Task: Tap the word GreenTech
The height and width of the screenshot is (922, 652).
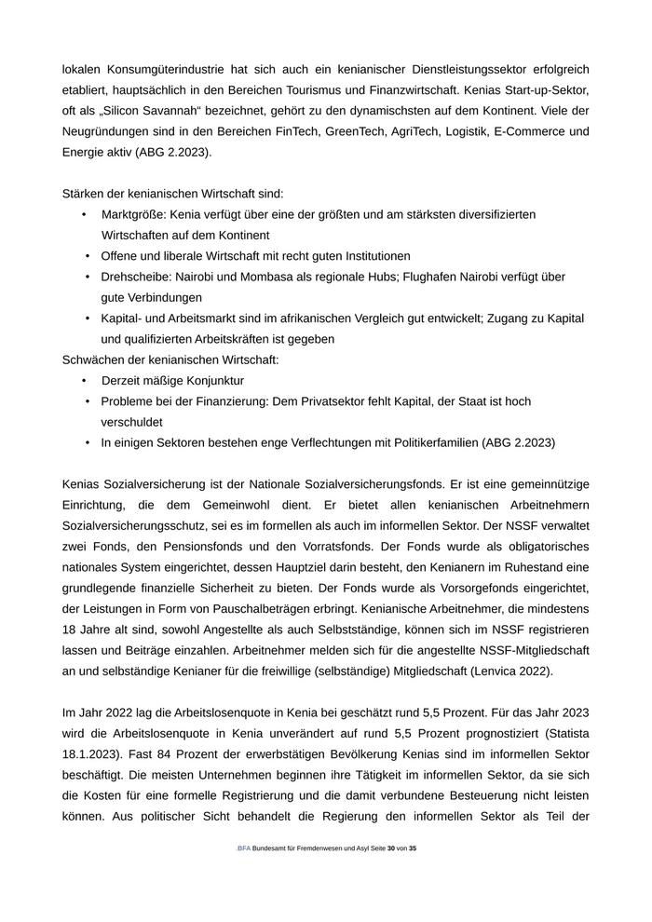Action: (361, 131)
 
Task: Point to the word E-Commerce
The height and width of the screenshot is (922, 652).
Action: (552, 131)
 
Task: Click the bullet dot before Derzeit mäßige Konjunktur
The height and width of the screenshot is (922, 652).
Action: (84, 380)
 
